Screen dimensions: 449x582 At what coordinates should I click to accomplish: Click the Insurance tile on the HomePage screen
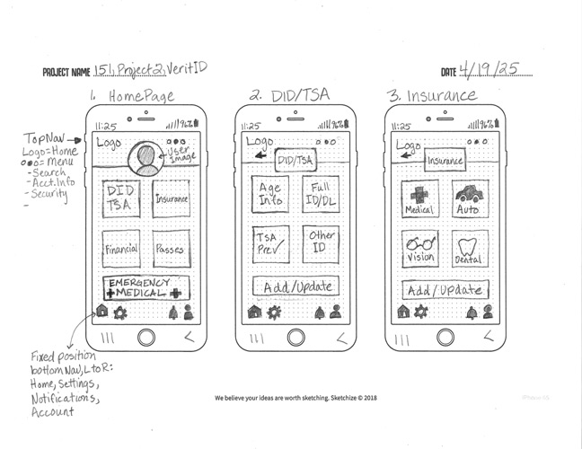point(170,198)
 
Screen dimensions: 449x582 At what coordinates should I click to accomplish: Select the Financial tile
point(120,249)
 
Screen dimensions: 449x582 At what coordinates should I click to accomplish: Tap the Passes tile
point(170,249)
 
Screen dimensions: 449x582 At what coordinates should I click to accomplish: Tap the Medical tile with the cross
point(420,198)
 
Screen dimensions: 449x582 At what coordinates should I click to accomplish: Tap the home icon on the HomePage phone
point(101,313)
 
